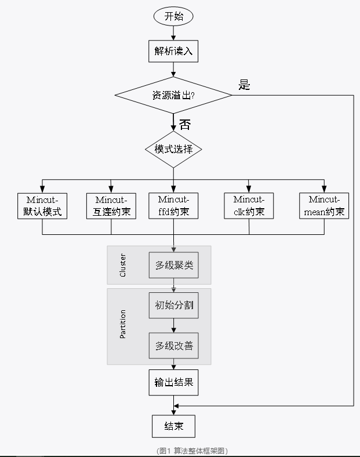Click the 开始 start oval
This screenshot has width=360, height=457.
(x=173, y=16)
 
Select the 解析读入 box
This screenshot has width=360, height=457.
(x=173, y=51)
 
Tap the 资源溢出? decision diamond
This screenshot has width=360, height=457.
(x=173, y=95)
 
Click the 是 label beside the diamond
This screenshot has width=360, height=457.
(x=244, y=85)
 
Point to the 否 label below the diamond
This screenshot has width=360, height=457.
(x=184, y=124)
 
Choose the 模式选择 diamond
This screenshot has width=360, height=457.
(x=173, y=149)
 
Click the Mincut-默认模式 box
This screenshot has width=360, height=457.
(x=42, y=206)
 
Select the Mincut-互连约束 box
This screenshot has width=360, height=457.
(x=111, y=206)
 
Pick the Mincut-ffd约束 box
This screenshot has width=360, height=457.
(x=173, y=206)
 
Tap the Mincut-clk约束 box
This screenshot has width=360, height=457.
(x=249, y=206)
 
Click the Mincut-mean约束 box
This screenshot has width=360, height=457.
(x=325, y=206)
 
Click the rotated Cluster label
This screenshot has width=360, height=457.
(x=122, y=265)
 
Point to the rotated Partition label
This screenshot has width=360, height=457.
(x=122, y=325)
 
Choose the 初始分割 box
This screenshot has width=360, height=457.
(x=173, y=305)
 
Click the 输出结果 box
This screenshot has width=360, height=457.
(x=173, y=382)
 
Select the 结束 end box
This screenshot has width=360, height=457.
(x=173, y=426)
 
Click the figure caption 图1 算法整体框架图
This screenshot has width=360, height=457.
(x=192, y=451)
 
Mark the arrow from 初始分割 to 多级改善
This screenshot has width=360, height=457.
(x=173, y=325)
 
